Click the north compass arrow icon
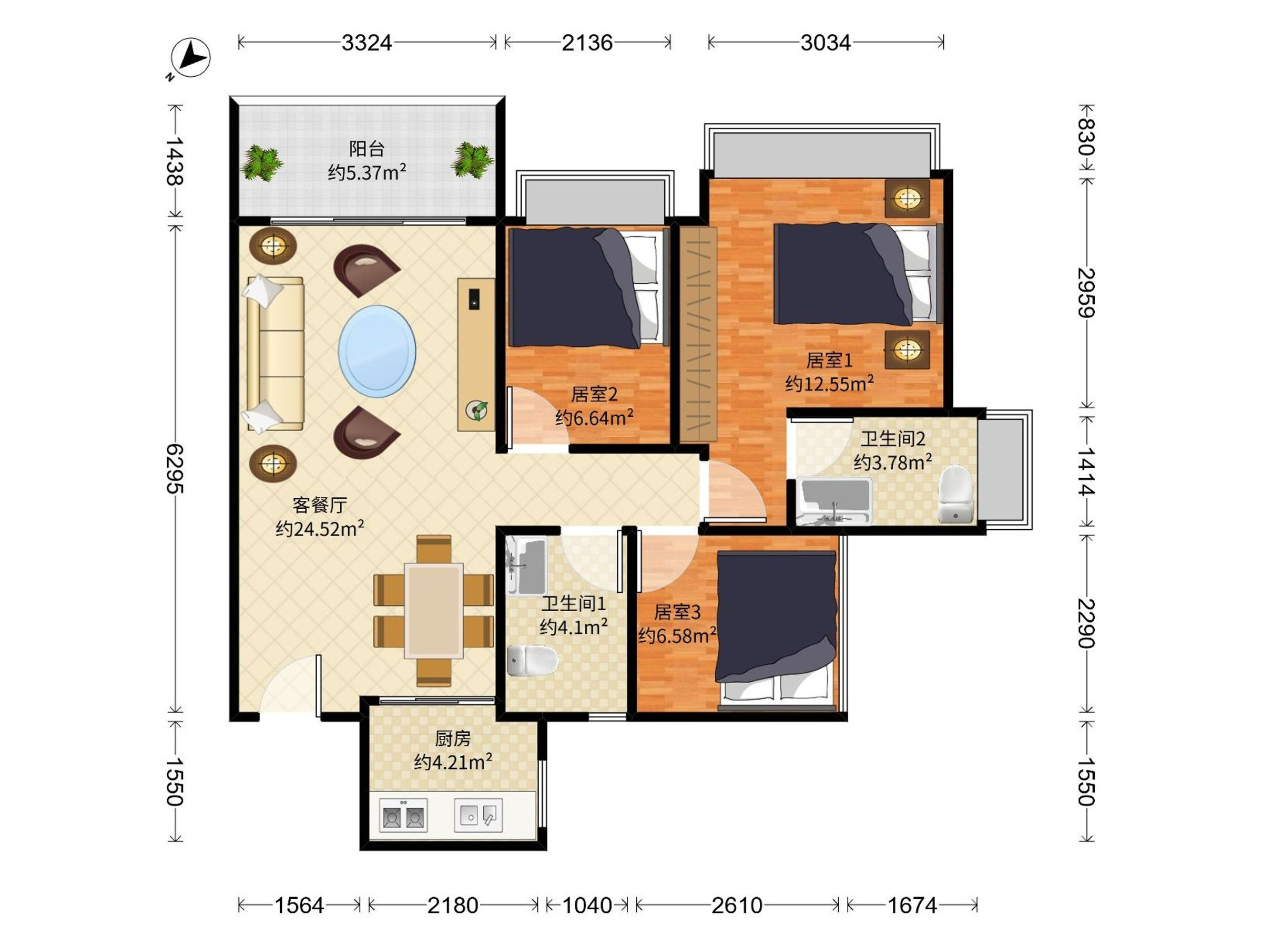coord(190,58)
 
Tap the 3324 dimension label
coord(367,43)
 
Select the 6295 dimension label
coord(175,469)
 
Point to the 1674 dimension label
coord(912,905)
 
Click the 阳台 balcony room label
coord(367,149)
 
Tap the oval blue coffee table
coord(377,351)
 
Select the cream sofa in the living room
coord(273,354)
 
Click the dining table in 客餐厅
coord(434,611)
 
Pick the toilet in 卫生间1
coord(532,660)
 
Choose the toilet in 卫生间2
coord(955,495)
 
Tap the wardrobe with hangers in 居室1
coord(698,334)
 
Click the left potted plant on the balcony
coord(261,162)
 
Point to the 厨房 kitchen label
coord(453,738)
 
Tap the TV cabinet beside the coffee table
coord(476,355)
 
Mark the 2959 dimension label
coord(1086,293)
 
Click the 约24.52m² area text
coord(320,529)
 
